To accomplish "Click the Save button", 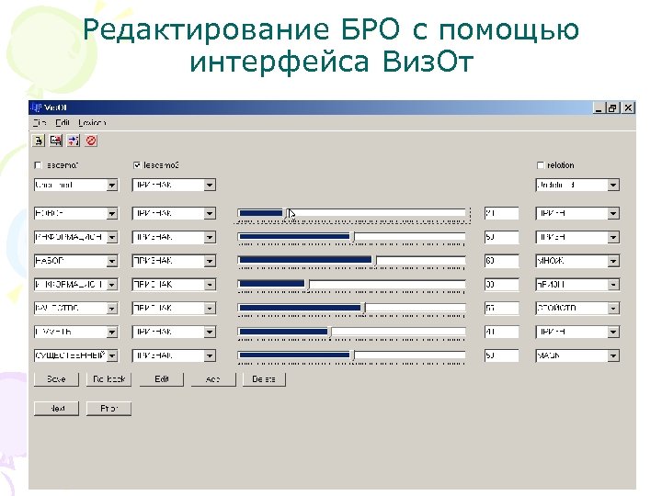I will [x=56, y=379].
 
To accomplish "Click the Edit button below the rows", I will [x=162, y=379].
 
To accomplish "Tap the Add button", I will [x=213, y=379].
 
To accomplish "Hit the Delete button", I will [x=265, y=379].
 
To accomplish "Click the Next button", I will [x=56, y=409].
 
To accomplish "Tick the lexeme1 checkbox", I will [x=39, y=165].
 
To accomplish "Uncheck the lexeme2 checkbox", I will [x=137, y=165].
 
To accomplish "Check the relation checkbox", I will [x=541, y=165].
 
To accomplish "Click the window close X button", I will [x=628, y=107].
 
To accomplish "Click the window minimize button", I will [x=599, y=107].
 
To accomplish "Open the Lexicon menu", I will [x=92, y=123].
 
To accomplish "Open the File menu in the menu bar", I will [x=40, y=123].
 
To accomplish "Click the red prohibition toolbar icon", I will [x=91, y=141].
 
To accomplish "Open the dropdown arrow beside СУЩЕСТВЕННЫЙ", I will [x=112, y=355].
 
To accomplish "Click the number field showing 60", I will [x=501, y=261].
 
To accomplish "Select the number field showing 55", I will [x=501, y=308].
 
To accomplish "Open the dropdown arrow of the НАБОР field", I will [x=112, y=261].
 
